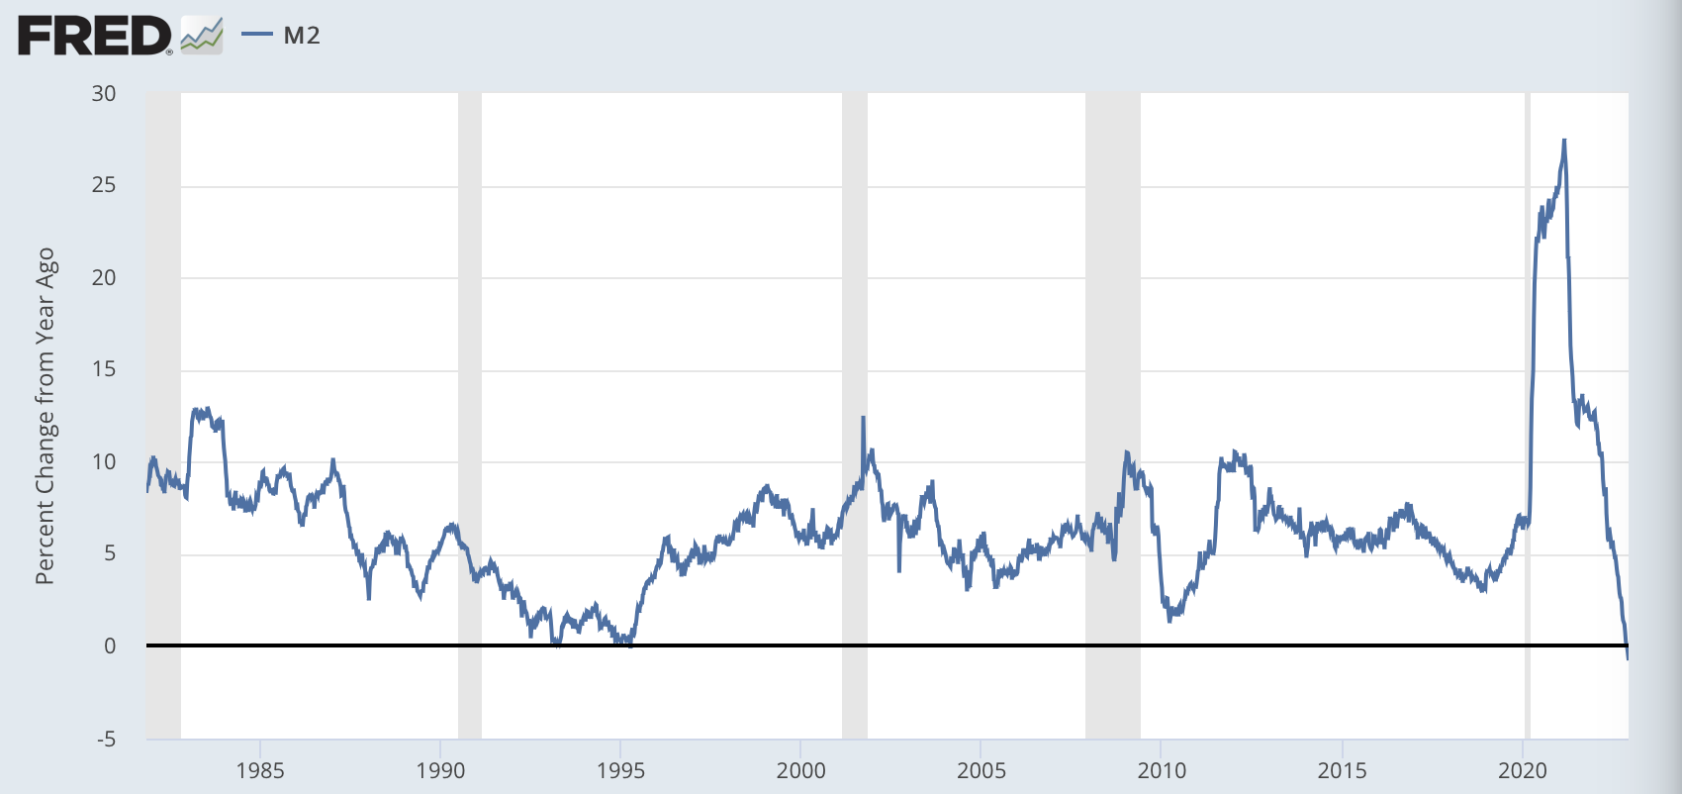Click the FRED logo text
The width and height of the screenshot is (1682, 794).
(94, 37)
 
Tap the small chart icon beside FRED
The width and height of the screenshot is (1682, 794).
(202, 37)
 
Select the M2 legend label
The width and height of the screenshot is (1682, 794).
(302, 36)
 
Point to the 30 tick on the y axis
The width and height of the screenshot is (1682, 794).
(104, 93)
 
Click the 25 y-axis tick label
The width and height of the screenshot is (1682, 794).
(104, 185)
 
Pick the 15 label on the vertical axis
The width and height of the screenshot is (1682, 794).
(104, 369)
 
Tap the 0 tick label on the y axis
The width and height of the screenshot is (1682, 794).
(110, 645)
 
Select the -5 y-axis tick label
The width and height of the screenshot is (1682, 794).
(104, 739)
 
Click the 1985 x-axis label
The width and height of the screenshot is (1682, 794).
(260, 770)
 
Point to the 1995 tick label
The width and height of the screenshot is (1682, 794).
(620, 770)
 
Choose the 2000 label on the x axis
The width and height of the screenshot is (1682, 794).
(800, 770)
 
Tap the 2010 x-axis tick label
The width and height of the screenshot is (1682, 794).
(1162, 770)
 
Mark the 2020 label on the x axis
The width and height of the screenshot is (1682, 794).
(1522, 770)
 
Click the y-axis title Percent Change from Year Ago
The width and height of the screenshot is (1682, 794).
(45, 416)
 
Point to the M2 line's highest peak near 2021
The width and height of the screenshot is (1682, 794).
(1564, 141)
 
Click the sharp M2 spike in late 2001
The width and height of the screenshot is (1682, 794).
(863, 418)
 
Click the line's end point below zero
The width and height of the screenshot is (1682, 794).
(1628, 657)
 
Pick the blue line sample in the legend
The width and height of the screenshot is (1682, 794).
(257, 36)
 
